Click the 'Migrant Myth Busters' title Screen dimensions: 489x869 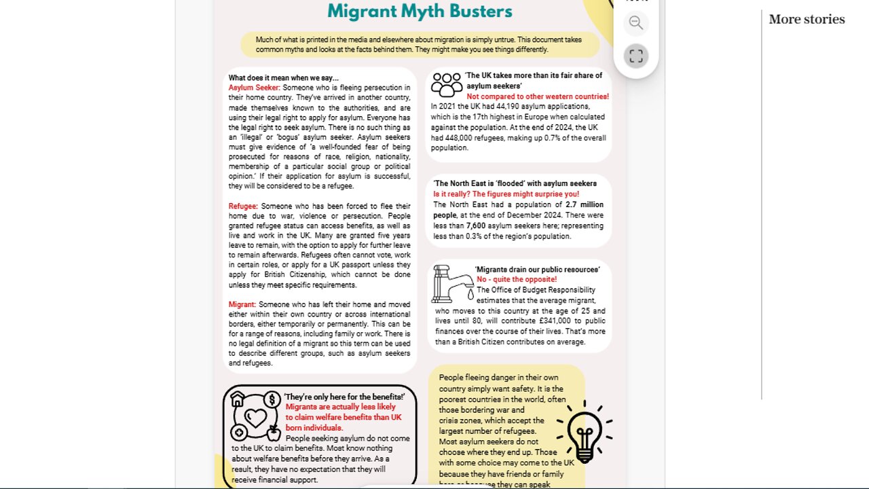420,11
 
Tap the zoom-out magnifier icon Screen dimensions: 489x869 635,22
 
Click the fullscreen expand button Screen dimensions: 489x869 635,56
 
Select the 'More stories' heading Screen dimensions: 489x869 807,19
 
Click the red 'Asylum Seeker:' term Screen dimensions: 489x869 254,88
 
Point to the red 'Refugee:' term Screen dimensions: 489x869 243,206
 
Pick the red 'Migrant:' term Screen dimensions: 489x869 242,304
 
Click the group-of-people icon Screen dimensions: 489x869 447,85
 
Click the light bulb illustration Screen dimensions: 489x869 584,431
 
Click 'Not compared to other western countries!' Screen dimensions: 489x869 537,96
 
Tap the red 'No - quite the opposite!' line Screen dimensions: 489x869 516,279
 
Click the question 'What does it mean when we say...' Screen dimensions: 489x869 283,77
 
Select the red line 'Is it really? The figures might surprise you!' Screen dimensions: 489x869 506,194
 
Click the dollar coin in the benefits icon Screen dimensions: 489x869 272,399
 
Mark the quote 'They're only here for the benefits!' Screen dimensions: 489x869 344,397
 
